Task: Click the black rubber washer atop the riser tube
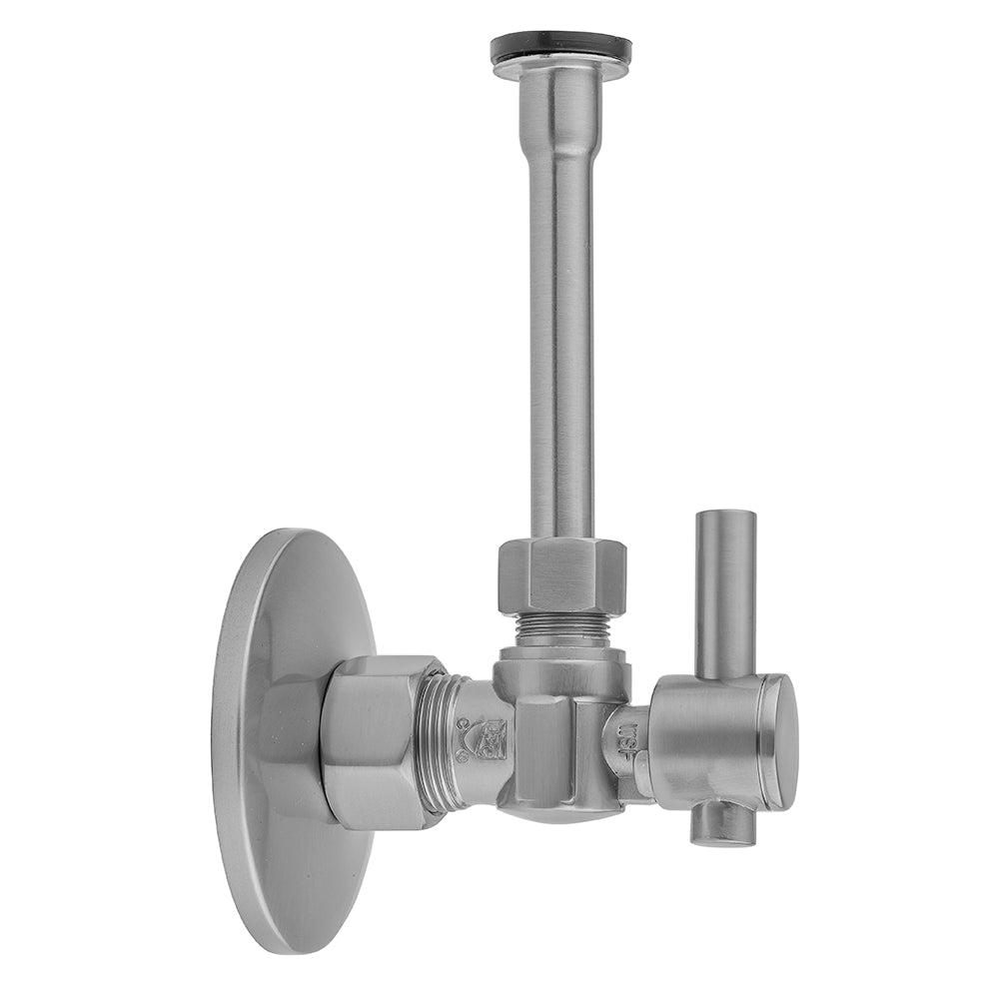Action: point(560,47)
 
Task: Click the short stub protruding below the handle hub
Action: point(724,824)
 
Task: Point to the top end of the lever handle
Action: point(725,517)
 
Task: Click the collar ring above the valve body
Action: point(561,660)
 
